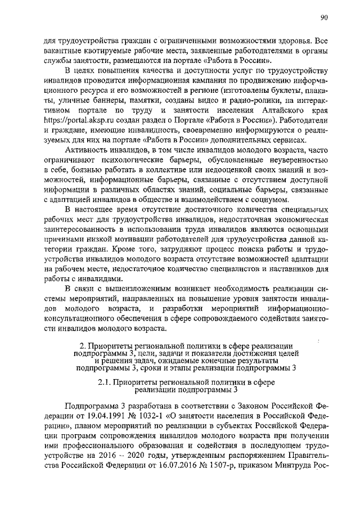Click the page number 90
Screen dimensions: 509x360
(325, 18)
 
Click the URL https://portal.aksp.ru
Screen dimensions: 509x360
(73, 120)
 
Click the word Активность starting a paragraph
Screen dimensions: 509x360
(88, 150)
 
